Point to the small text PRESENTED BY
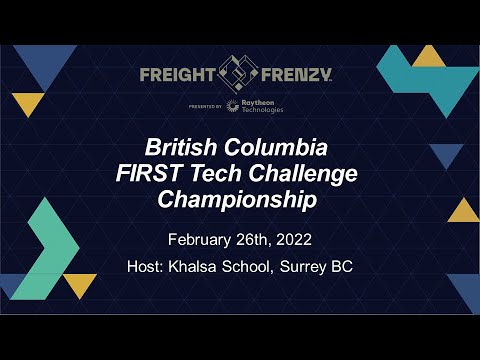pyautogui.click(x=204, y=105)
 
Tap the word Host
pyautogui.click(x=145, y=267)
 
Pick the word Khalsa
pyautogui.click(x=194, y=267)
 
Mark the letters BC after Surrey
pyautogui.click(x=344, y=267)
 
